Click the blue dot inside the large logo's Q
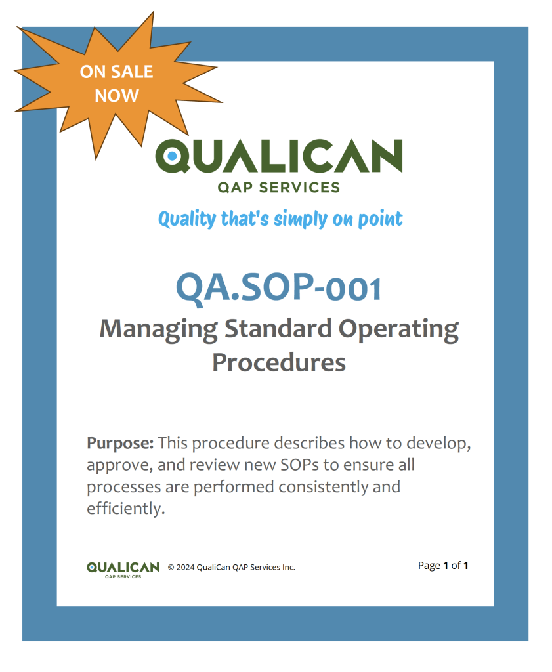172,156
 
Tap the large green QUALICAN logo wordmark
279,156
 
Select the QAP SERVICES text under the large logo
279,188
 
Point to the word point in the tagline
380,219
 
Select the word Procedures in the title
279,362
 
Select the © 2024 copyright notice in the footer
232,567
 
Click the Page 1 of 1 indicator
443,565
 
